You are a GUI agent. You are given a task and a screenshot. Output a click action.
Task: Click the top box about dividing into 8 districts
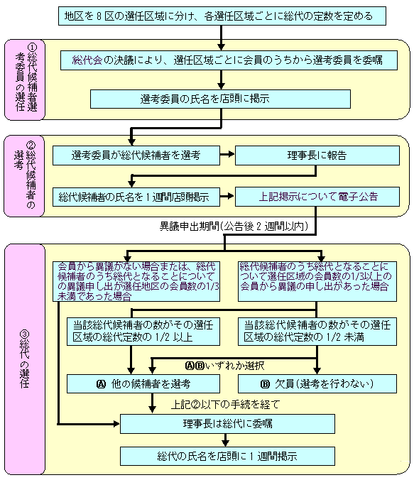coord(222,16)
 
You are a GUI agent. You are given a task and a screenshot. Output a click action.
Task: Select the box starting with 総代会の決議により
coord(229,60)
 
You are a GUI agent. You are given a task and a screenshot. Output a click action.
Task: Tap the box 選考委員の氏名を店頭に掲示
coord(220,99)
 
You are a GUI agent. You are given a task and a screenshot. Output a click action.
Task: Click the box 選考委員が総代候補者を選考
coord(136,156)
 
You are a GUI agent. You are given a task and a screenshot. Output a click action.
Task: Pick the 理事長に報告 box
coord(317,156)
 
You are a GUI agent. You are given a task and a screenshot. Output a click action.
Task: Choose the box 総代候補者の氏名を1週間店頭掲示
coord(136,197)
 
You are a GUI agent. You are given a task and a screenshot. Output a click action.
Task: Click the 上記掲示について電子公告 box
coord(317,197)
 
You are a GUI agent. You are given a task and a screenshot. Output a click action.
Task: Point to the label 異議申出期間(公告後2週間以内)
coord(234,227)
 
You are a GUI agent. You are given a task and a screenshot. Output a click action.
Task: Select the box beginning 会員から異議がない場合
coord(136,281)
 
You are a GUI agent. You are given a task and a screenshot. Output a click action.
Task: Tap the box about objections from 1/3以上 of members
coord(317,281)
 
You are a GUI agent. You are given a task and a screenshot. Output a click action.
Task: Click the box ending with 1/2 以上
coord(143,331)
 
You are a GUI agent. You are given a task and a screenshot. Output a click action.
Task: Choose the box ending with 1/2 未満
coord(317,331)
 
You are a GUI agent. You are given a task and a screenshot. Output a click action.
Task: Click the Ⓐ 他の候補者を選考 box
coord(143,384)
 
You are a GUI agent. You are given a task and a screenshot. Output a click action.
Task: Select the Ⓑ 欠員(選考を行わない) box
coord(317,384)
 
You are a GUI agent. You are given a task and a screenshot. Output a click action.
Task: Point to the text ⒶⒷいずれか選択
coord(225,366)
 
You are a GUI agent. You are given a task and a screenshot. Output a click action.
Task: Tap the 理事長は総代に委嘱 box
coord(227,424)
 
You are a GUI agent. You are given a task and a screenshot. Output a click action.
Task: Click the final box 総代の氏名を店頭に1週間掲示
coord(227,456)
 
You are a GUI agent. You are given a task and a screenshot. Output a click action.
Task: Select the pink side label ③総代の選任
coord(25,359)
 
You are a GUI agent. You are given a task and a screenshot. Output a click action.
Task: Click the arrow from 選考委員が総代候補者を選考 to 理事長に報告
coord(227,154)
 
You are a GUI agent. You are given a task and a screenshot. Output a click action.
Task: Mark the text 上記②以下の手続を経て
coord(225,405)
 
